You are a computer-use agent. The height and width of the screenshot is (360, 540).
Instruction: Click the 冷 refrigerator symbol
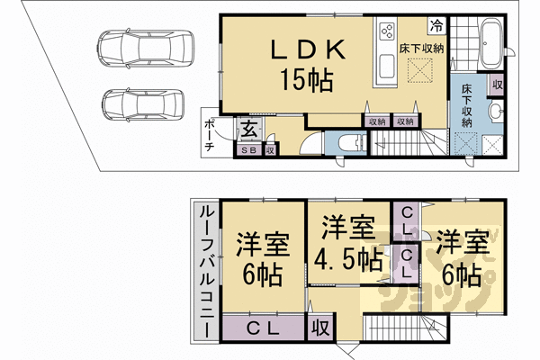pos(436,26)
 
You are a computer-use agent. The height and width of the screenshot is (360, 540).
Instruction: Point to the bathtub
pos(491,41)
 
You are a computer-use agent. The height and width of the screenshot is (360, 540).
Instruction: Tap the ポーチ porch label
pos(209,135)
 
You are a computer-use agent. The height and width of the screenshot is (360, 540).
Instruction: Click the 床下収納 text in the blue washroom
pos(468,106)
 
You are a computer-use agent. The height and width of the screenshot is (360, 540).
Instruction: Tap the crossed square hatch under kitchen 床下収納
pos(418,68)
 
